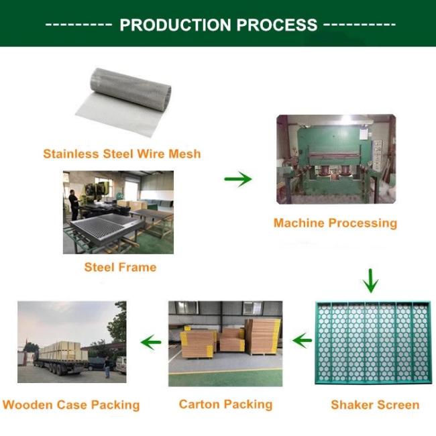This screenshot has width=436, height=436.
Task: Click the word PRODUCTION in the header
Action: (175, 24)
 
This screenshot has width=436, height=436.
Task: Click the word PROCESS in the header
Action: (277, 24)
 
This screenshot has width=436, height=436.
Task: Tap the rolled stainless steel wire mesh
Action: (123, 102)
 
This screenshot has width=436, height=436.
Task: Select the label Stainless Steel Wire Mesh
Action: (122, 154)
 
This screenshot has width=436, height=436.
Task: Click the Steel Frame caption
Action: (120, 267)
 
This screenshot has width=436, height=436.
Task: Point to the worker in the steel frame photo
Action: (74, 205)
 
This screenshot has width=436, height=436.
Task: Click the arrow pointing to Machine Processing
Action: (238, 179)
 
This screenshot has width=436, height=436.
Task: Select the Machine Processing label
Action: (335, 223)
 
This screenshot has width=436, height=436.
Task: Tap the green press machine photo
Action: (336, 159)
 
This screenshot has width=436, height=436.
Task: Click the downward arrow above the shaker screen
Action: (370, 280)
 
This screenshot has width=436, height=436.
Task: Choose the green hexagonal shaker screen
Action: (373, 343)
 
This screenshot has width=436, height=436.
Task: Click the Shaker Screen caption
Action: (375, 405)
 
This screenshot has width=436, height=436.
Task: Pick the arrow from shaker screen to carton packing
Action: (302, 341)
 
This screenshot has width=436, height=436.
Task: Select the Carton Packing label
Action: (225, 404)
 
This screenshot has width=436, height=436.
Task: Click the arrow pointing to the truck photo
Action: (151, 342)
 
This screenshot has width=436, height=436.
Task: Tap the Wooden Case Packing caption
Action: (71, 405)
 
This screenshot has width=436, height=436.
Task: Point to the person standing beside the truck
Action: (107, 367)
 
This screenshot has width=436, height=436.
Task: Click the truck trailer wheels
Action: (58, 370)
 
